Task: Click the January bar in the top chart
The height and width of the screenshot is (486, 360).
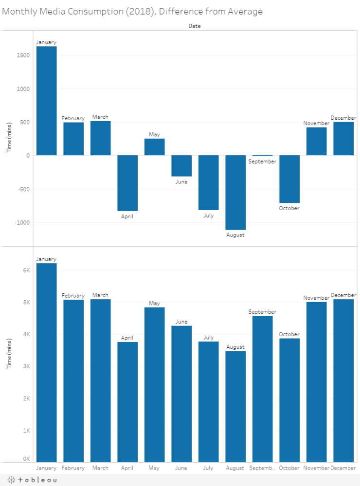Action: coord(46,101)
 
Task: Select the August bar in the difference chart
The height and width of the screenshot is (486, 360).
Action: coord(235,192)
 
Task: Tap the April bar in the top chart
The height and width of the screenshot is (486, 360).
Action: coord(127,183)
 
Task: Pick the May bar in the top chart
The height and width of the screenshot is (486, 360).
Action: coord(154,147)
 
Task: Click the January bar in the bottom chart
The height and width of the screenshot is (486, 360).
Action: coord(46,362)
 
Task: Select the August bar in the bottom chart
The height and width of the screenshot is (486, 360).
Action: coord(235,406)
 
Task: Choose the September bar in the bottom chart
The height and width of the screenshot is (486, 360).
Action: coord(262,389)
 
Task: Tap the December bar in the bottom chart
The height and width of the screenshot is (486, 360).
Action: coord(343,380)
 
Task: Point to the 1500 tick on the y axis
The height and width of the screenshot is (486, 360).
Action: coord(23,55)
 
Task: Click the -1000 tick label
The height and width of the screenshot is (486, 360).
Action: coord(22,223)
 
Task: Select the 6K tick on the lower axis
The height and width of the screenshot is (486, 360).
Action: coord(26,270)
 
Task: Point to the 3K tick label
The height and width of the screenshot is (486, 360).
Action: coord(26,366)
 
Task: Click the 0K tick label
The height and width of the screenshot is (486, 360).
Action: coord(26,459)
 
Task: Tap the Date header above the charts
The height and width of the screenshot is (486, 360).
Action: coord(195,26)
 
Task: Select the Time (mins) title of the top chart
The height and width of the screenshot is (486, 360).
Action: coord(9,137)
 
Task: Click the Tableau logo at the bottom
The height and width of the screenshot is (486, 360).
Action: coord(32,480)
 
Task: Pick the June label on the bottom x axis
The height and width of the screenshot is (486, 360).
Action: coord(181,468)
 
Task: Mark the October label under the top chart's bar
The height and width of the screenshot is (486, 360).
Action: coord(289,208)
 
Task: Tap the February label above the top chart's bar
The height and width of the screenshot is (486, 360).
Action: coord(73,118)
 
